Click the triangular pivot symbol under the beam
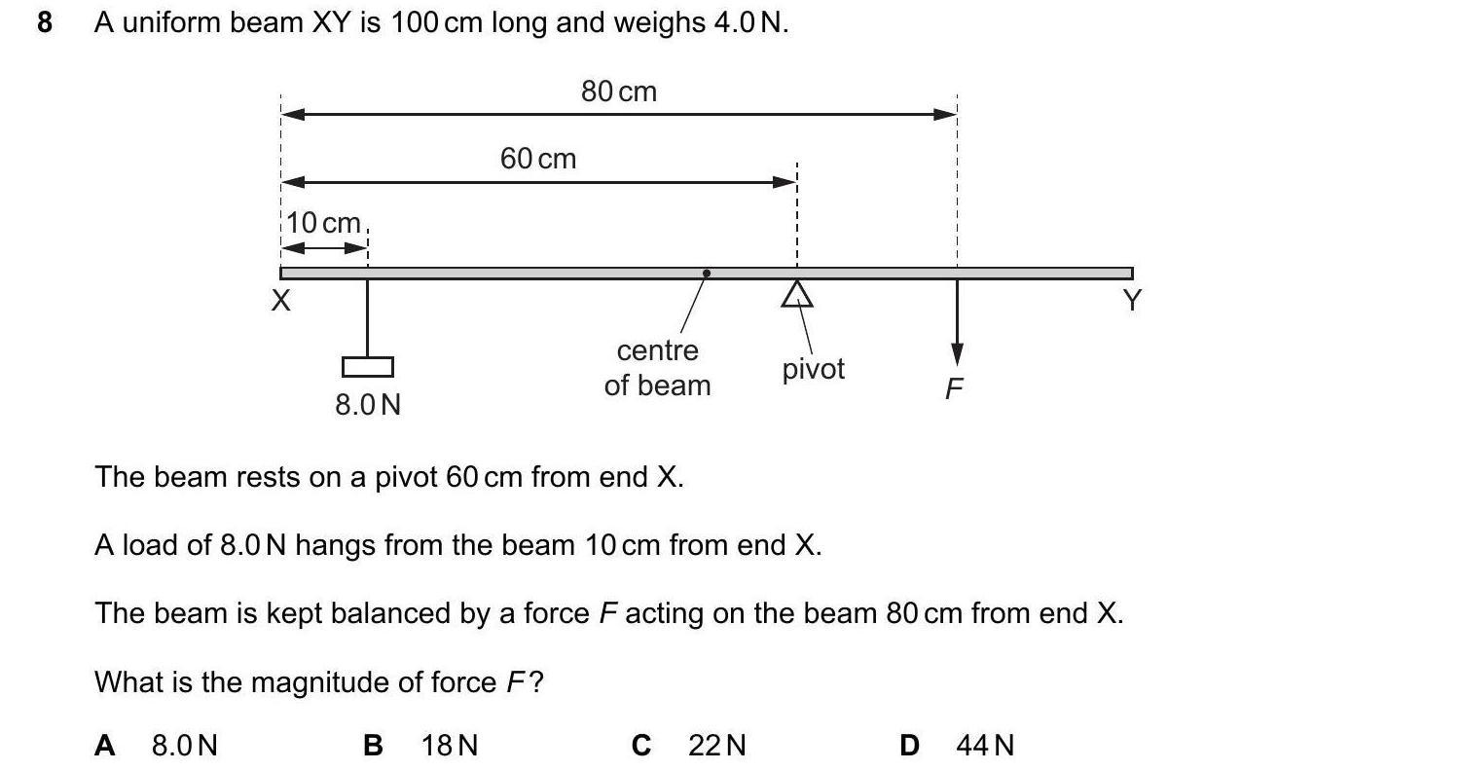pyautogui.click(x=797, y=294)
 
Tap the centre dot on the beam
pyautogui.click(x=707, y=274)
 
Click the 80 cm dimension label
pyautogui.click(x=619, y=92)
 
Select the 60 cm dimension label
pyautogui.click(x=538, y=158)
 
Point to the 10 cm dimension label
pyautogui.click(x=324, y=223)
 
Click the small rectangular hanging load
pyautogui.click(x=368, y=367)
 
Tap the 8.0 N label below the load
pyautogui.click(x=368, y=404)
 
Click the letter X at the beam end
pyautogui.click(x=280, y=302)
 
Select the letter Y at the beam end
pyautogui.click(x=1131, y=302)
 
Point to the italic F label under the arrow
pyautogui.click(x=954, y=389)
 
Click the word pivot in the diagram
pyautogui.click(x=814, y=369)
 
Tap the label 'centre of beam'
pyautogui.click(x=658, y=368)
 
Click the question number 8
pyautogui.click(x=44, y=22)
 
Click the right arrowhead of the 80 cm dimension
pyautogui.click(x=946, y=114)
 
